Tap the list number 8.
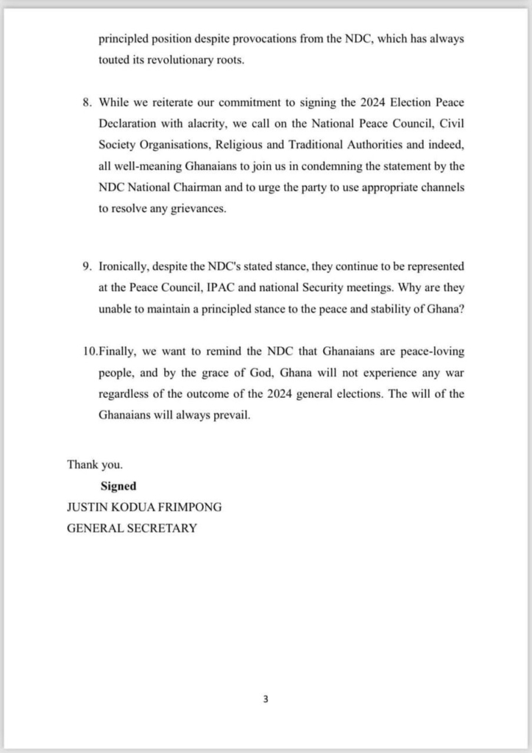(x=86, y=101)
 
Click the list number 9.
(x=86, y=265)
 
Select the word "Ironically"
(x=126, y=265)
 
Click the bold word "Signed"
(x=118, y=486)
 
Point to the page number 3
(x=266, y=699)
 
